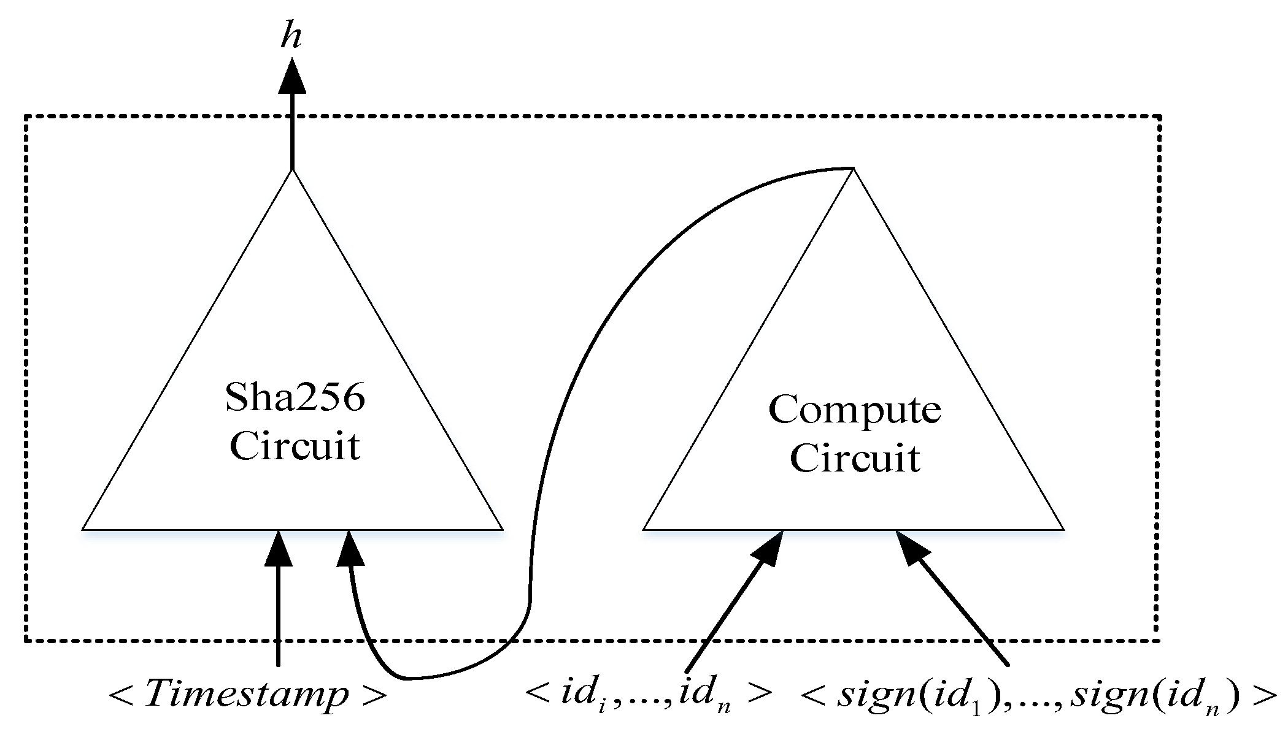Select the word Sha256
[295, 397]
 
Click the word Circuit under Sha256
[295, 446]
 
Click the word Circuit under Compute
[855, 458]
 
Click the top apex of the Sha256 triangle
[292, 171]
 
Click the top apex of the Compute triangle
[854, 169]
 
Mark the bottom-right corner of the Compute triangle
[1063, 529]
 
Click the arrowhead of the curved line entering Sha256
[350, 547]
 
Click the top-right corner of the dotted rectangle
[1159, 115]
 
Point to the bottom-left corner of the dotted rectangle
[26, 641]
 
